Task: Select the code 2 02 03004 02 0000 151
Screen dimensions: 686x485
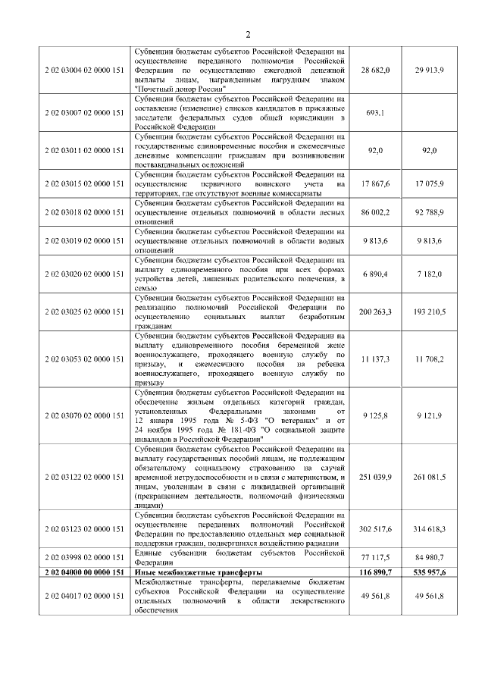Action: point(84,70)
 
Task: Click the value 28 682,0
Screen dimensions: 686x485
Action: point(375,70)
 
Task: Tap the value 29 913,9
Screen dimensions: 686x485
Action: point(430,70)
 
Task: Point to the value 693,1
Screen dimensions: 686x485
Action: point(375,113)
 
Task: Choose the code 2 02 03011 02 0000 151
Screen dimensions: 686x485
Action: point(84,150)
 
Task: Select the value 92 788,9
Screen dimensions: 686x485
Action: point(430,212)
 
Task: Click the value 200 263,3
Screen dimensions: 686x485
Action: point(375,312)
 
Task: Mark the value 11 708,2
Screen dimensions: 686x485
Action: point(430,359)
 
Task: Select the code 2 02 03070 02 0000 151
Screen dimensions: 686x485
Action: point(84,415)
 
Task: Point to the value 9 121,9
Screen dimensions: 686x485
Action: point(430,415)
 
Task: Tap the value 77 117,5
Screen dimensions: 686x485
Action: point(375,558)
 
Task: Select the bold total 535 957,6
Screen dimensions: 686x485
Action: point(430,572)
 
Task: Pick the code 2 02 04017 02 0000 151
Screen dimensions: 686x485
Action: point(84,596)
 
